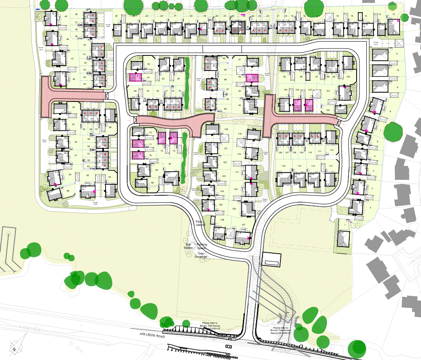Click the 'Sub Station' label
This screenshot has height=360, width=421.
pyautogui.click(x=188, y=246)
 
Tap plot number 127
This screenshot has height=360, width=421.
pyautogui.click(x=243, y=225)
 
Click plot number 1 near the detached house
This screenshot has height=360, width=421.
pyautogui.click(x=345, y=224)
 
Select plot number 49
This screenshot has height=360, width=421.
pyautogui.click(x=66, y=17)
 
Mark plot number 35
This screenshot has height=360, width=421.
pyautogui.click(x=116, y=16)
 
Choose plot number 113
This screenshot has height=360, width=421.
pyautogui.click(x=331, y=166)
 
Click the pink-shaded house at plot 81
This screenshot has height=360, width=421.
pyautogui.click(x=135, y=77)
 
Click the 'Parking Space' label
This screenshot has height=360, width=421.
pyautogui.click(x=202, y=246)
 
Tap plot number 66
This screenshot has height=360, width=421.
pyautogui.click(x=68, y=191)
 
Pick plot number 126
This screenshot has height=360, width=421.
pyautogui.click(x=222, y=220)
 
